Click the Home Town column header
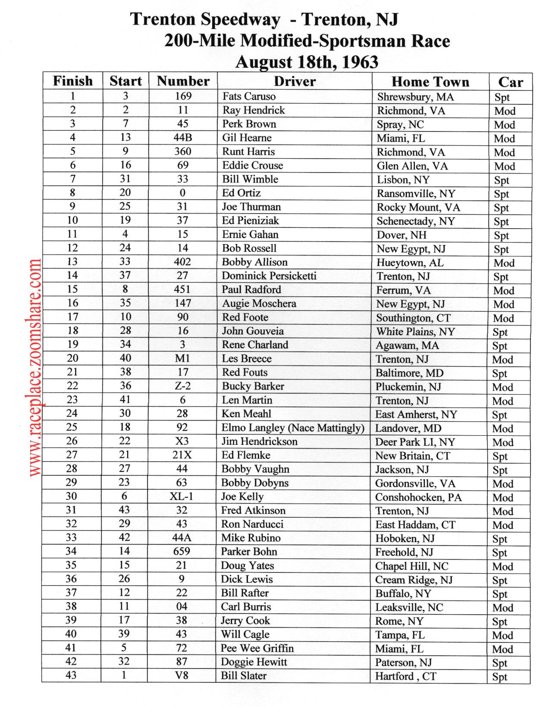tap(430, 82)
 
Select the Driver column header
tap(295, 81)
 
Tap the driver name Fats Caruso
tap(248, 96)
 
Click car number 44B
tap(183, 138)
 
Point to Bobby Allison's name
tap(254, 262)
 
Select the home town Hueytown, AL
tap(410, 263)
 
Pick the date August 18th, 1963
tap(307, 62)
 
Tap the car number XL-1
tap(182, 496)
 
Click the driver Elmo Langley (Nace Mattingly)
tap(292, 427)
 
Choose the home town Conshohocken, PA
tap(418, 497)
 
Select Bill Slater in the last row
tap(243, 676)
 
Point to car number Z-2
tap(182, 386)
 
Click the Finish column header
tap(72, 81)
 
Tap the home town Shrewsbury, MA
tap(415, 97)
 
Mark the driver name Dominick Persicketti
tap(269, 276)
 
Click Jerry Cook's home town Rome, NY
tap(399, 621)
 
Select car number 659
tap(182, 551)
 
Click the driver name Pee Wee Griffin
tap(257, 648)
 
